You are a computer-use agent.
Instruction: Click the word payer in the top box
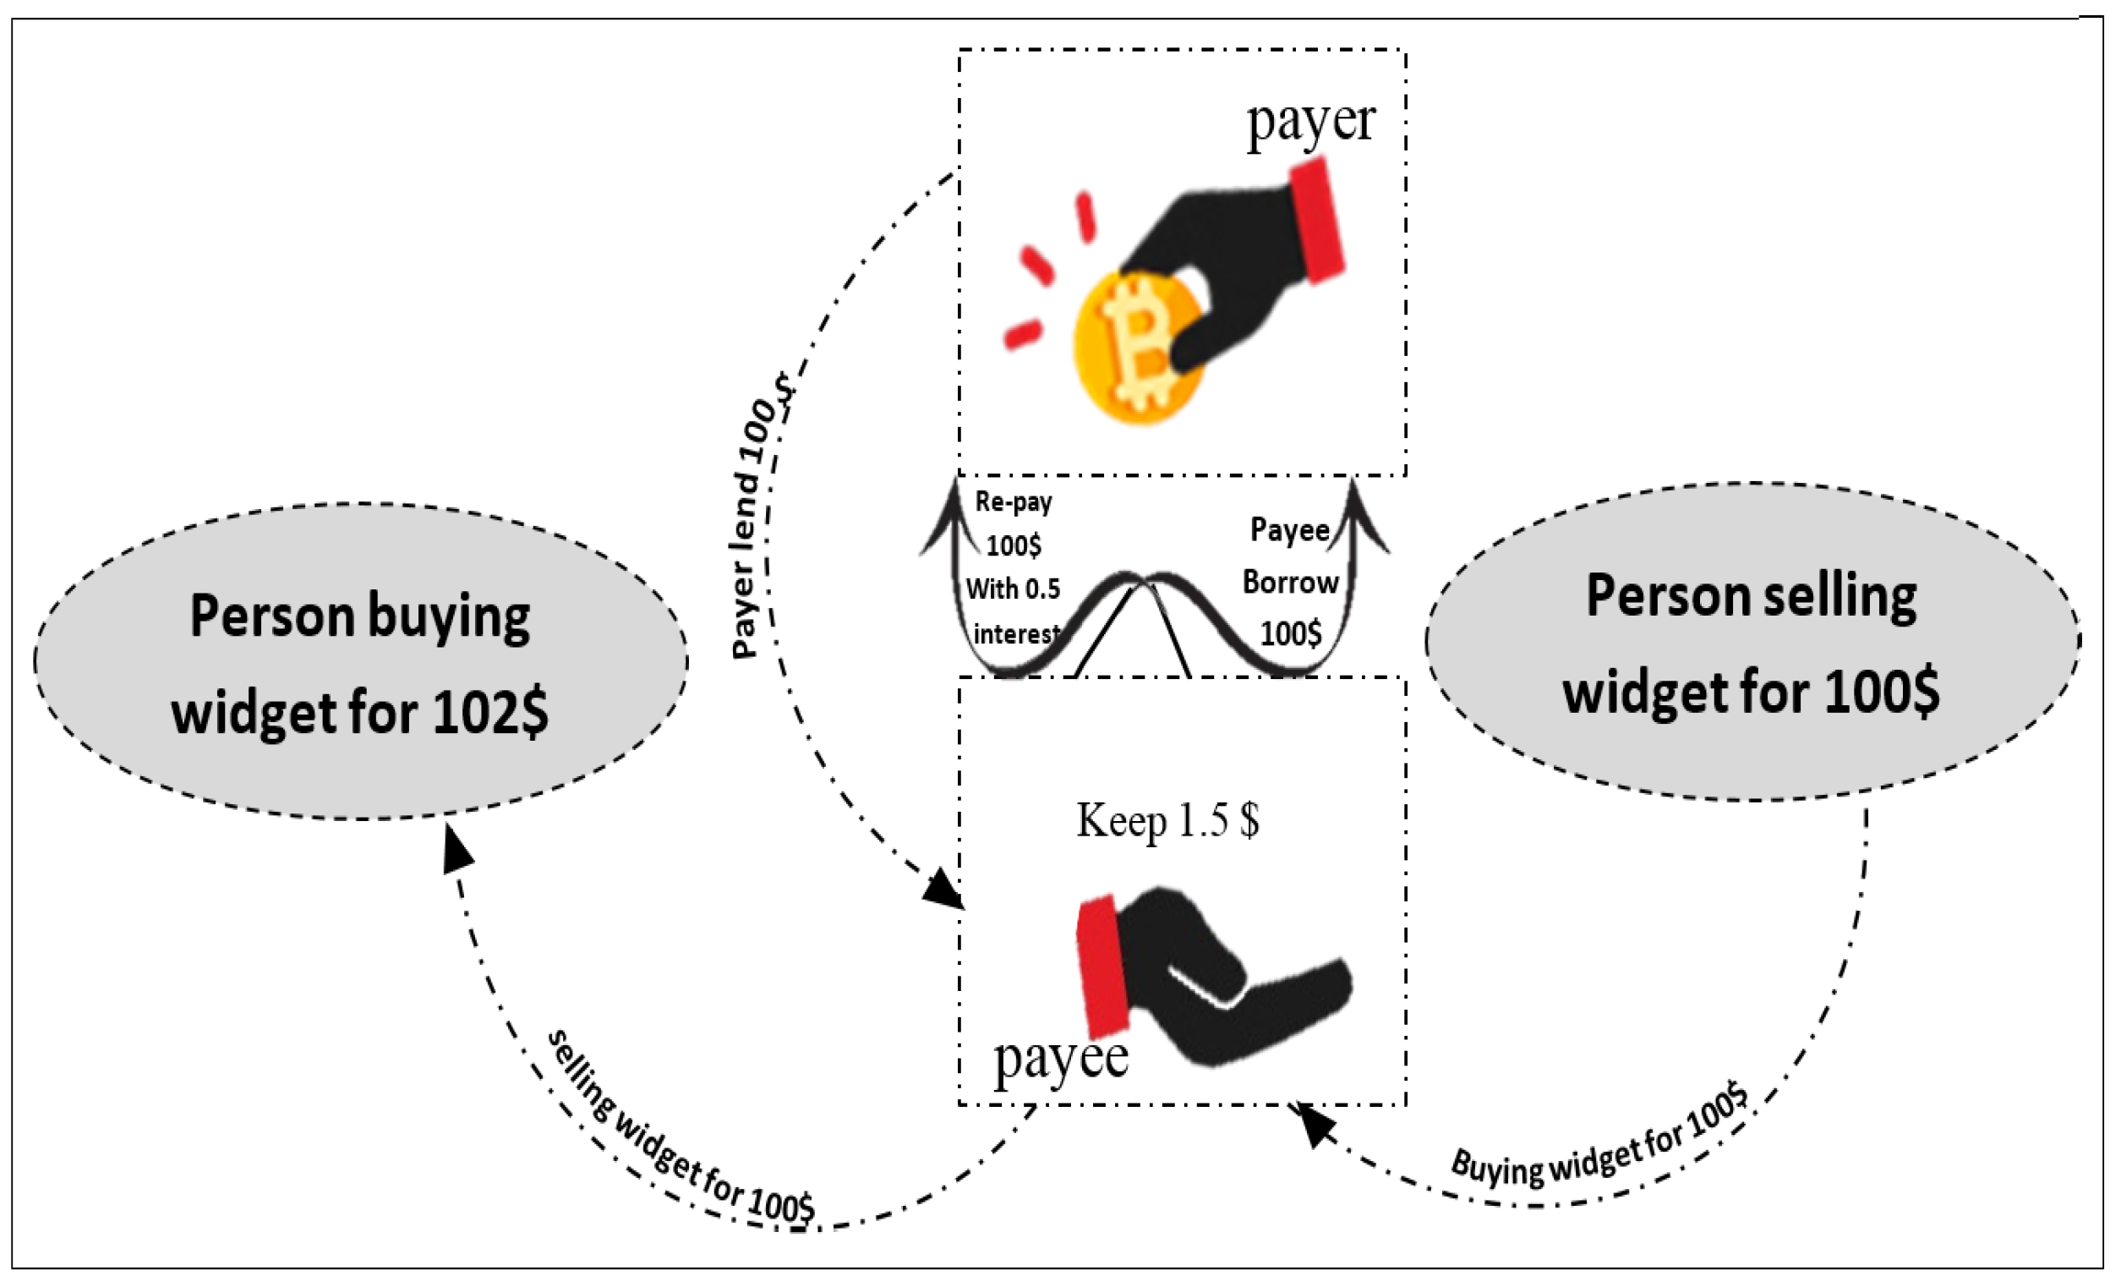click(1310, 123)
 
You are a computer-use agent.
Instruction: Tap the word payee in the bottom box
click(1060, 1059)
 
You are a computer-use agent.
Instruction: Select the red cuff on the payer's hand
click(1317, 222)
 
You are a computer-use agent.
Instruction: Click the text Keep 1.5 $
click(1168, 820)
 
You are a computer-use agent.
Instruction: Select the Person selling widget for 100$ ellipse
click(1752, 642)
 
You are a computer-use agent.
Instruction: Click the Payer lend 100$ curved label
click(757, 517)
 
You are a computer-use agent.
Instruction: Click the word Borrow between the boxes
click(1289, 583)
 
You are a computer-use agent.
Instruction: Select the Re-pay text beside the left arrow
click(1013, 502)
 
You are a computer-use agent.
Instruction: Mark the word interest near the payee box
click(1016, 634)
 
